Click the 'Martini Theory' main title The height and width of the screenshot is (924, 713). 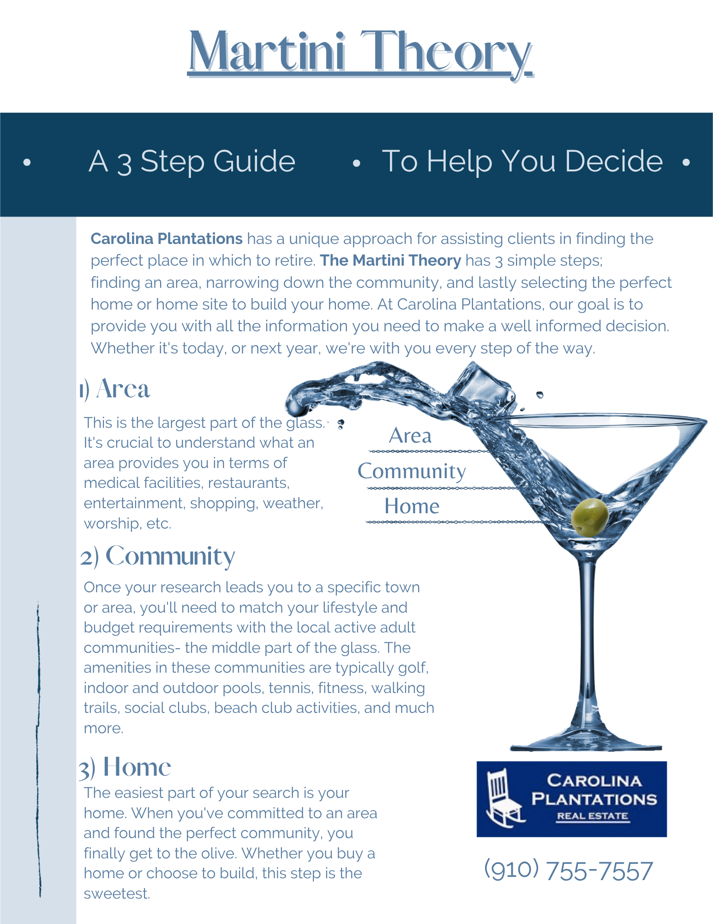(x=360, y=52)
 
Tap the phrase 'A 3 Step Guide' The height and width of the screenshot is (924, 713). (x=192, y=161)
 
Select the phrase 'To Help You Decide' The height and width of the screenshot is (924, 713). (x=522, y=161)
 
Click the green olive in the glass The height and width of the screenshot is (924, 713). (x=590, y=517)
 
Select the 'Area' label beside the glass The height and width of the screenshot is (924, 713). (x=410, y=436)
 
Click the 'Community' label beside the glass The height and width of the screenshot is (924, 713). (x=412, y=471)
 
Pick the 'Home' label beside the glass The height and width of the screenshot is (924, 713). (x=412, y=506)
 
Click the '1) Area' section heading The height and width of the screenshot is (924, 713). (x=114, y=389)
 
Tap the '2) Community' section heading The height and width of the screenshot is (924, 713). (x=157, y=556)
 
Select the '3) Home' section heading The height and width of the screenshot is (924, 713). (x=125, y=767)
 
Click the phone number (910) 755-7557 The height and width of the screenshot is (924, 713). (x=568, y=870)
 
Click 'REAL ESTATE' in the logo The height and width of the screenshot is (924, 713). (x=593, y=816)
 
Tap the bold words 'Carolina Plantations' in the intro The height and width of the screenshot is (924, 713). (x=167, y=239)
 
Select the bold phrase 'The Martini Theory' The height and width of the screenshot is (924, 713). (x=390, y=261)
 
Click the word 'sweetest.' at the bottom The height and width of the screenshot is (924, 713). (x=117, y=894)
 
